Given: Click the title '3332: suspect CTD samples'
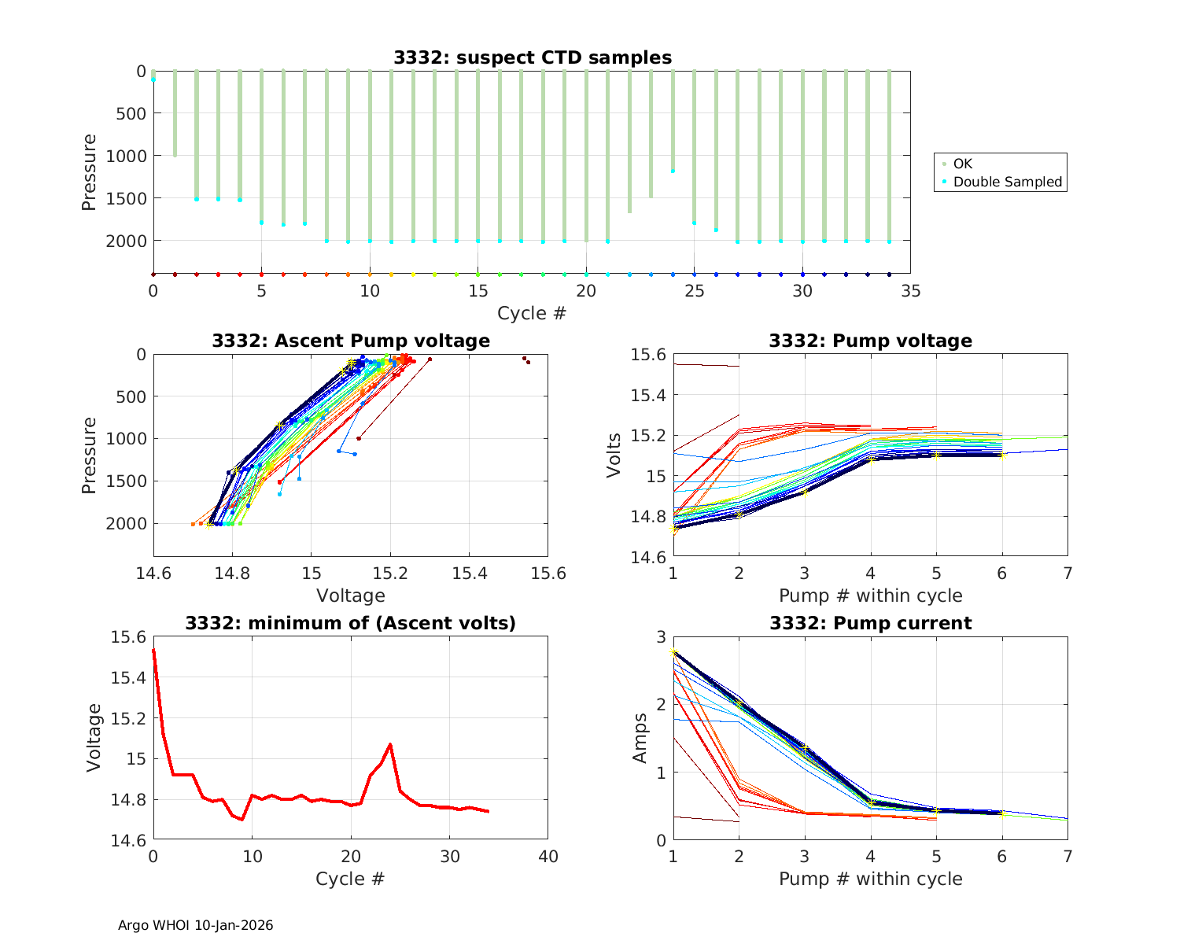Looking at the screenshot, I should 533,57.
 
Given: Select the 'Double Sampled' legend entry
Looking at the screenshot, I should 1007,182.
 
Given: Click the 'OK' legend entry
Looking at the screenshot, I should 963,164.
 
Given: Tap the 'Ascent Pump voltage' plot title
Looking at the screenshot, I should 351,341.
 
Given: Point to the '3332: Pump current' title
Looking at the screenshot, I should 870,623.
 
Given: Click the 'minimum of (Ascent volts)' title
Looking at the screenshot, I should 351,623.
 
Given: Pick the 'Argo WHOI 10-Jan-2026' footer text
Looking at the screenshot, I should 196,925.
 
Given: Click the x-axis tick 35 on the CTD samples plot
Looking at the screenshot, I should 910,291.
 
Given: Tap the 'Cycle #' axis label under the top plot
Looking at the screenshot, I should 532,313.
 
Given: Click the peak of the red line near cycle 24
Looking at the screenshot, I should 390,744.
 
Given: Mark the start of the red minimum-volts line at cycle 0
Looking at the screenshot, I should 153,651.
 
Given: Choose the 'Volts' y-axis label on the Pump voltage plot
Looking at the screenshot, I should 614,455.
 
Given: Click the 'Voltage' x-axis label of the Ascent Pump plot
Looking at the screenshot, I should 351,596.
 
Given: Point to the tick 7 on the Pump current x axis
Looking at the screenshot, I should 1068,856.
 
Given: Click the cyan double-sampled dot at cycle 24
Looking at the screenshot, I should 673,171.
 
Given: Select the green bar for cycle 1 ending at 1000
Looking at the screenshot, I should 175,113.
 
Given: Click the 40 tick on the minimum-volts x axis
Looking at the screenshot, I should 548,856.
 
